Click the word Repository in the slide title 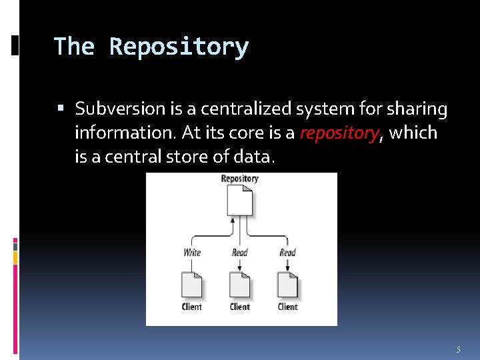coord(179,47)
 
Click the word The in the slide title coord(74,47)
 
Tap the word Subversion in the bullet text coord(120,108)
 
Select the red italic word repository coord(339,133)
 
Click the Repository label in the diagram coord(239,179)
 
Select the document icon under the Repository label coord(240,200)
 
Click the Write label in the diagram coord(192,253)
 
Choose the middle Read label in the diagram coord(239,253)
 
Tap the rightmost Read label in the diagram coord(287,253)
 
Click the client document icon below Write coord(192,285)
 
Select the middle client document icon coord(240,285)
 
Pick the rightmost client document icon coord(288,285)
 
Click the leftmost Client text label coord(192,307)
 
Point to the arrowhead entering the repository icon coord(232,219)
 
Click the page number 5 coord(458,350)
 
